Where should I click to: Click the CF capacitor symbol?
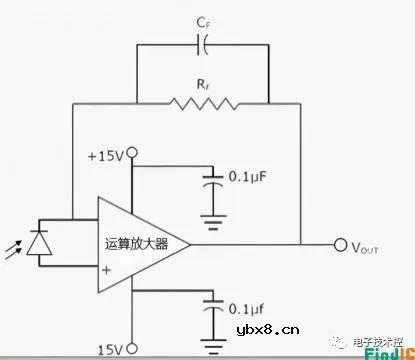click(204, 44)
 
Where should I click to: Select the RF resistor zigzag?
click(204, 101)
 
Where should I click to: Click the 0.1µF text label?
click(249, 177)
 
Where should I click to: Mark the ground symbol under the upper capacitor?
click(210, 219)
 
